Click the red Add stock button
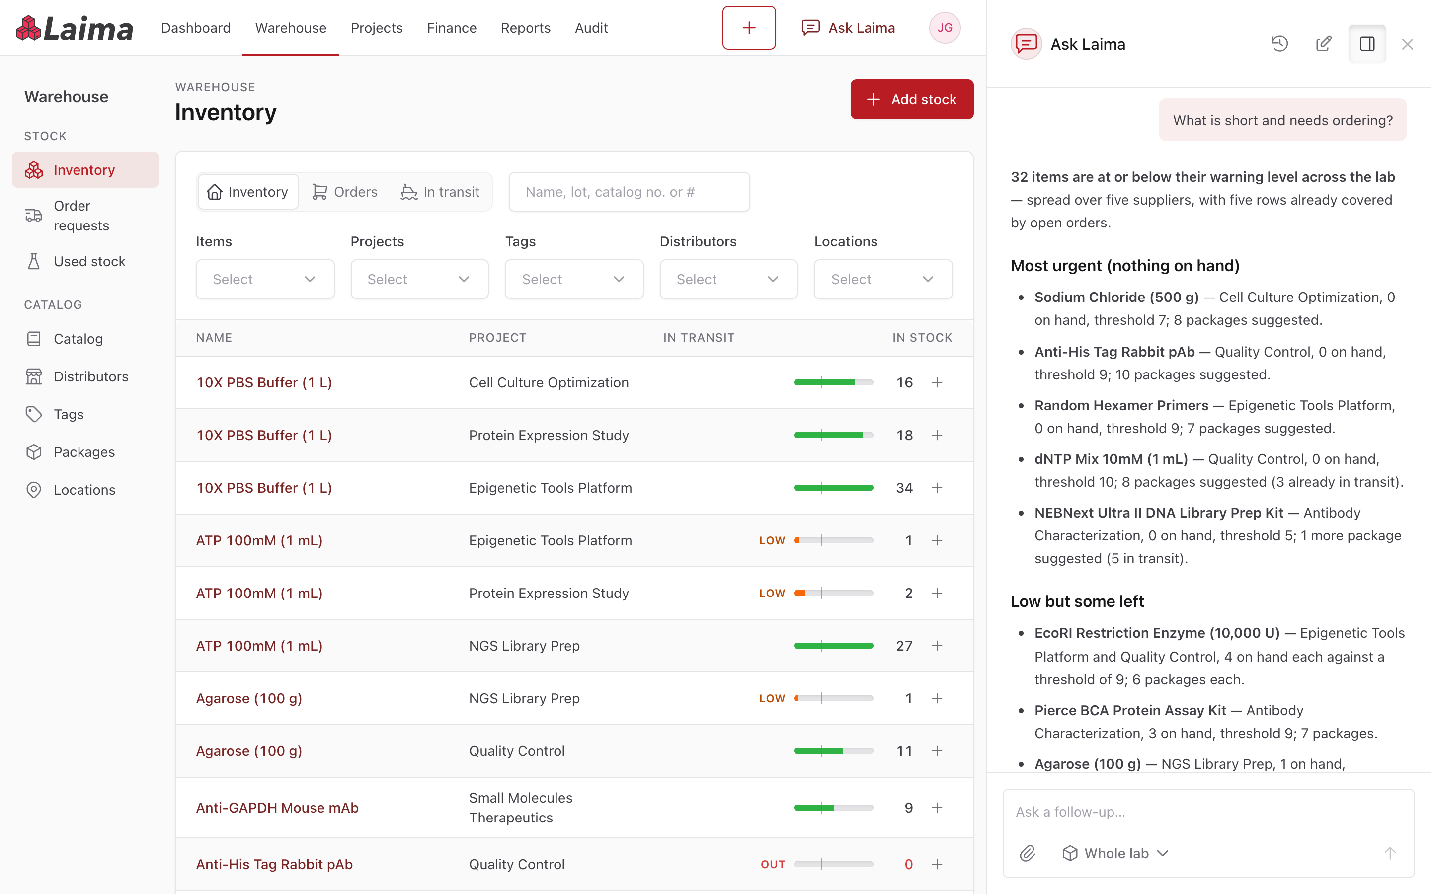point(911,99)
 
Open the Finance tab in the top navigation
point(451,28)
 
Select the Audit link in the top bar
point(591,28)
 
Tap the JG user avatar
point(945,28)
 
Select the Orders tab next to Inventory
point(345,192)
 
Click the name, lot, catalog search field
point(629,192)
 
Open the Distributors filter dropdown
point(728,279)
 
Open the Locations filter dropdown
point(883,279)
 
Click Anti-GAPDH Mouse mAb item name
point(277,808)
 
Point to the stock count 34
point(904,488)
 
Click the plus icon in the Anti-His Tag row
point(937,864)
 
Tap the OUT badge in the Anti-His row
point(773,864)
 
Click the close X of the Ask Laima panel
point(1407,44)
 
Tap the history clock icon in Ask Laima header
point(1279,44)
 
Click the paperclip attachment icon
point(1028,853)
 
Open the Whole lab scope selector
point(1115,853)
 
